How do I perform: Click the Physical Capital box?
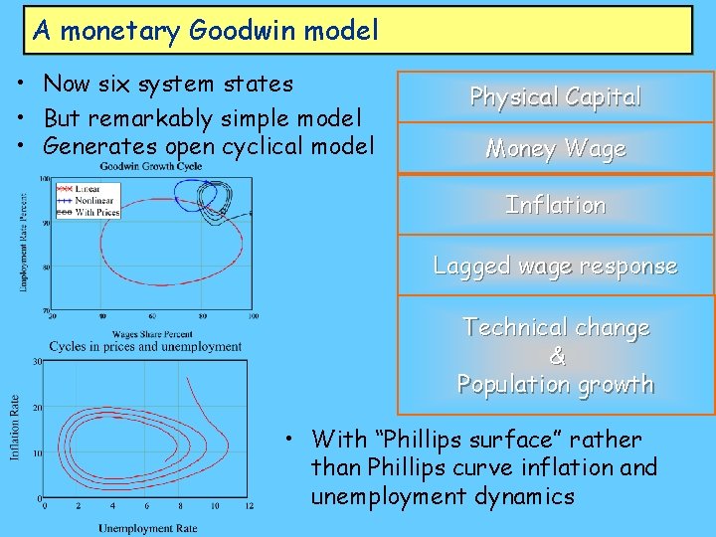click(555, 96)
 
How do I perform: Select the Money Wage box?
click(555, 149)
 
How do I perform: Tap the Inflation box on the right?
click(555, 205)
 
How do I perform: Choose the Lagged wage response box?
click(555, 266)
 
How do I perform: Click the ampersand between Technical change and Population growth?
click(556, 356)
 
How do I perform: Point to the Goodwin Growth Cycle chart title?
click(151, 165)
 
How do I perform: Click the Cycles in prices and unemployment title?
click(145, 347)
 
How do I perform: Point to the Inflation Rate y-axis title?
click(15, 429)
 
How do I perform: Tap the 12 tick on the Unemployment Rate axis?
click(249, 507)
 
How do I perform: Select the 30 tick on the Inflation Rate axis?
click(37, 362)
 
